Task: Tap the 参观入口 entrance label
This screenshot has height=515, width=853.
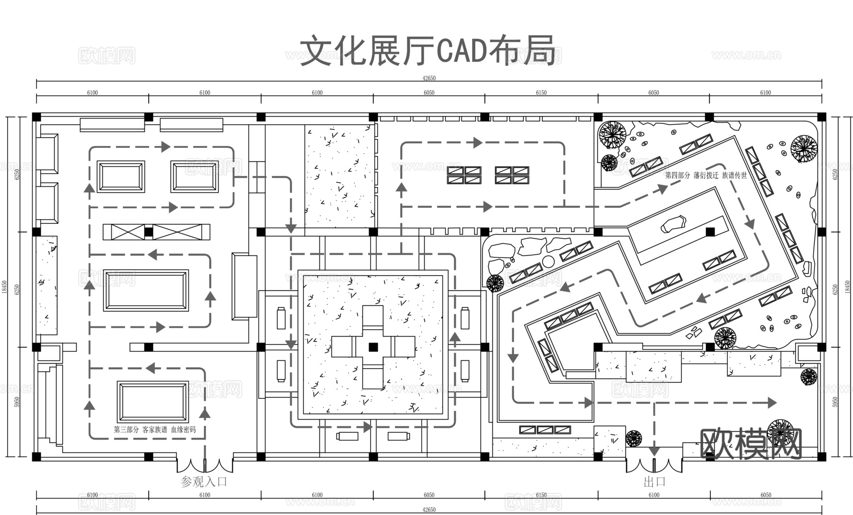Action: coord(204,482)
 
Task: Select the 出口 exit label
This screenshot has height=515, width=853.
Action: coord(654,482)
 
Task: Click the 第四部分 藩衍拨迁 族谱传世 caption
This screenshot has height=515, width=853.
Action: coord(706,175)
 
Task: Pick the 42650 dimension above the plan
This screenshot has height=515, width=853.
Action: coord(429,78)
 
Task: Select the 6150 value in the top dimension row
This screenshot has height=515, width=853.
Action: coord(541,93)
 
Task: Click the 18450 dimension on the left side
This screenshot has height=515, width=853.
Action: coord(5,287)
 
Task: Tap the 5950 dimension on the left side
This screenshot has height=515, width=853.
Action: coord(17,402)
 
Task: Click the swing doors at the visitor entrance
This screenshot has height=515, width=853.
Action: coord(205,465)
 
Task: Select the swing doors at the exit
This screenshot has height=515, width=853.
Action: coord(654,465)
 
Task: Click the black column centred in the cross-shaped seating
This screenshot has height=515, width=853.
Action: coord(373,347)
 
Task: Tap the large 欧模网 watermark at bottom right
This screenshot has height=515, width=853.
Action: coord(751,444)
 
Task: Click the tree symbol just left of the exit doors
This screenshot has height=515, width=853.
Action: coord(634,438)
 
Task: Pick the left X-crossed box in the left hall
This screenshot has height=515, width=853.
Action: coord(124,232)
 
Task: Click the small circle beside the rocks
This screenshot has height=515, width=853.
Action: coord(548,261)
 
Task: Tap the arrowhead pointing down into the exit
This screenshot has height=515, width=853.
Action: coord(654,451)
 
